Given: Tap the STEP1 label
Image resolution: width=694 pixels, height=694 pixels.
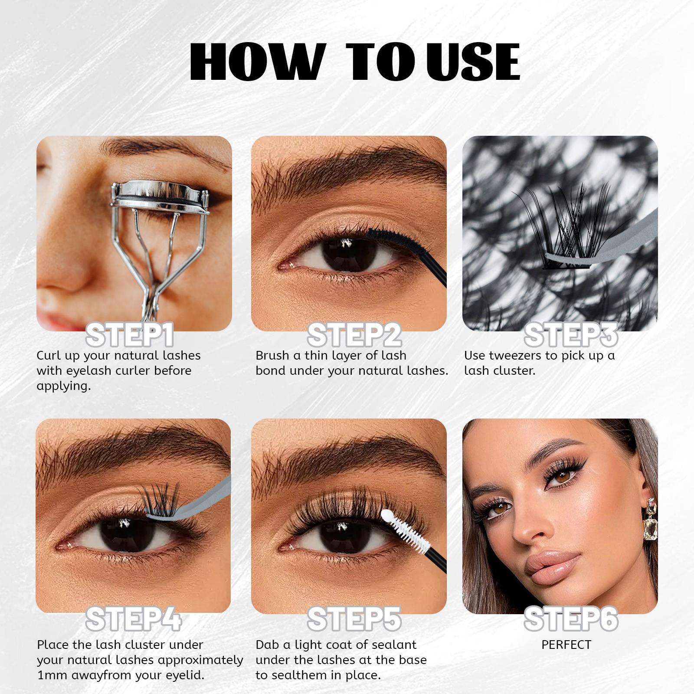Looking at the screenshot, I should (130, 335).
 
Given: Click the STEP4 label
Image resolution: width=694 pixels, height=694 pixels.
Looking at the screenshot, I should (134, 619).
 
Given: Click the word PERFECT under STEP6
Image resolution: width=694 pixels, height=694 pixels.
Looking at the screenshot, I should (566, 645).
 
